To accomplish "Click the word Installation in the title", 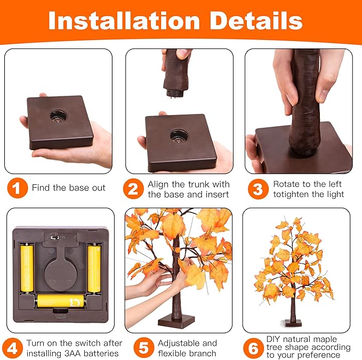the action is pyautogui.click(x=124, y=21).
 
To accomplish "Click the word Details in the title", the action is pyautogui.click(x=256, y=21).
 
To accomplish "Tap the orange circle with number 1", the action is pyautogui.click(x=17, y=188).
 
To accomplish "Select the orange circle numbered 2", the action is pyautogui.click(x=133, y=189).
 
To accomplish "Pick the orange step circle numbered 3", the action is pyautogui.click(x=259, y=189).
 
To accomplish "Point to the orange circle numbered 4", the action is pyautogui.click(x=13, y=348).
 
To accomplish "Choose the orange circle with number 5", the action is pyautogui.click(x=143, y=348).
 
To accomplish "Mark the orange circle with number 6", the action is pyautogui.click(x=253, y=348).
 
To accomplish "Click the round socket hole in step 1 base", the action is pyautogui.click(x=59, y=116).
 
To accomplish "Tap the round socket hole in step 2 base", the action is pyautogui.click(x=179, y=136).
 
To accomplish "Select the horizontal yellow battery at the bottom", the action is pyautogui.click(x=61, y=301).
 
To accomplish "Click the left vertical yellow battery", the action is pyautogui.click(x=27, y=268).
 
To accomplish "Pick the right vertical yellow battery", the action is pyautogui.click(x=94, y=268).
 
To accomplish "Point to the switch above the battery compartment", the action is pyautogui.click(x=55, y=237).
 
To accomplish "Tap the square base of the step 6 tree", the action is pyautogui.click(x=293, y=323).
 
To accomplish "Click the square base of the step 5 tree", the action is pyautogui.click(x=176, y=322).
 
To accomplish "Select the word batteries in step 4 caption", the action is pyautogui.click(x=101, y=353).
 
